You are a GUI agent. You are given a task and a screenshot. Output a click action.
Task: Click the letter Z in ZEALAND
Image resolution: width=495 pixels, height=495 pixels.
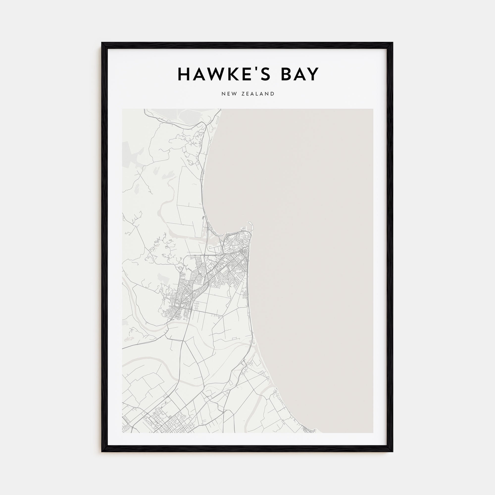click(x=243, y=94)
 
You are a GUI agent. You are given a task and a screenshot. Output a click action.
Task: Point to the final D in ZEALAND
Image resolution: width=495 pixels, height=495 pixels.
click(x=272, y=94)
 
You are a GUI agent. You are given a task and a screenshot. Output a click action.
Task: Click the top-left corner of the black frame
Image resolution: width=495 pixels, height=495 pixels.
click(x=102, y=43)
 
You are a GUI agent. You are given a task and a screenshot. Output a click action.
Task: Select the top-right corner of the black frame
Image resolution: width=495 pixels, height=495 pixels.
click(x=393, y=43)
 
